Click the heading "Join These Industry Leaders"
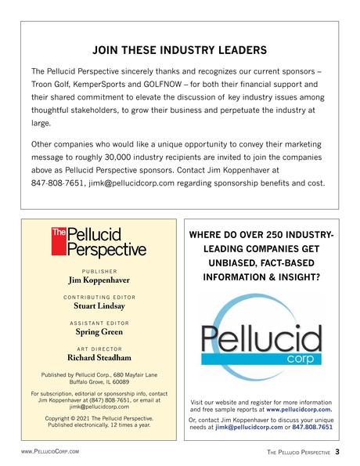pos(180,51)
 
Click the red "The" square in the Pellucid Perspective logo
pos(59,233)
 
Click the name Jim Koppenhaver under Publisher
pos(99,279)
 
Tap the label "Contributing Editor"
pos(99,298)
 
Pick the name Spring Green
pos(99,332)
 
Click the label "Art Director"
pos(99,349)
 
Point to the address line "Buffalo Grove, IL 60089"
pos(99,383)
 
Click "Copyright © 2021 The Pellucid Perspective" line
pos(99,419)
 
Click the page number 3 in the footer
pos(337,452)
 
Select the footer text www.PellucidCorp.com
pos(52,453)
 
